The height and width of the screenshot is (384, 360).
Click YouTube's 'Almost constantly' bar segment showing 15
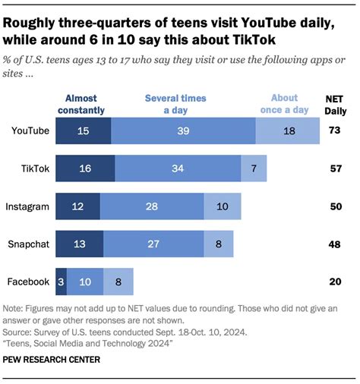coord(84,130)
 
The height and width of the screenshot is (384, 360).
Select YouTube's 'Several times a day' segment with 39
coord(182,130)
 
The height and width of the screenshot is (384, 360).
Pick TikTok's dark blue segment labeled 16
coord(85,168)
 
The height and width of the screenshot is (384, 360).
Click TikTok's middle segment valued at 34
coord(177,168)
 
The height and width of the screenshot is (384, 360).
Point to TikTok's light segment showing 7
coord(253,168)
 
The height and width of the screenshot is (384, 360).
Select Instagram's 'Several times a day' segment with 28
coord(152,206)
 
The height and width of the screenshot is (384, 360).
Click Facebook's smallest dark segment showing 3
coord(61,282)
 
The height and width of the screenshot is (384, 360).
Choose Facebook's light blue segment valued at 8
coord(118,282)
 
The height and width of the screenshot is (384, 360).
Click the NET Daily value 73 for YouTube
coord(333,130)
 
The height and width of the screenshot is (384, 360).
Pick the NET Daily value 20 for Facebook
coord(333,282)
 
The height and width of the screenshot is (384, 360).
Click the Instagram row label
coord(27,206)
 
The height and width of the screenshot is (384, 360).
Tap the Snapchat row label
coord(28,244)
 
